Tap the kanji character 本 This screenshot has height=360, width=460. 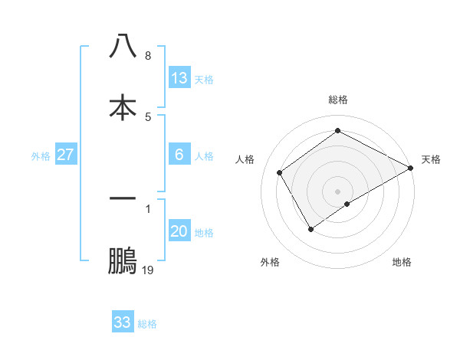[123, 107]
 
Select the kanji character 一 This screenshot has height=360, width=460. [123, 198]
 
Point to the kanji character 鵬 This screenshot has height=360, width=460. [123, 261]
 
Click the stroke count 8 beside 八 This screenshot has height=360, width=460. [147, 56]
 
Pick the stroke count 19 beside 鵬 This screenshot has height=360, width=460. [148, 270]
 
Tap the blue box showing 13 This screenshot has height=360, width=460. [179, 78]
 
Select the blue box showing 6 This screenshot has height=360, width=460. [179, 155]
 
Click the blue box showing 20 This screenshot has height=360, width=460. [179, 231]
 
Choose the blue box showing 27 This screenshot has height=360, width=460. [66, 155]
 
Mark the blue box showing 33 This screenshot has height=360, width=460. [123, 322]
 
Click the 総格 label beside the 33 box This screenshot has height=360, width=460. [147, 324]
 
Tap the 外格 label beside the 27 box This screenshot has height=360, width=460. [41, 156]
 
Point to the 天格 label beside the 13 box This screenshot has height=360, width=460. [204, 80]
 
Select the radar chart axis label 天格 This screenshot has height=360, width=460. [431, 159]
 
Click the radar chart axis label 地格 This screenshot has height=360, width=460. [402, 262]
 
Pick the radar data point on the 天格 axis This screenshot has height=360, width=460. [411, 168]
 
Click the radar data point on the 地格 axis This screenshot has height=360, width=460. [347, 204]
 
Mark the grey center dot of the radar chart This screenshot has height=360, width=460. [337, 191]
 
